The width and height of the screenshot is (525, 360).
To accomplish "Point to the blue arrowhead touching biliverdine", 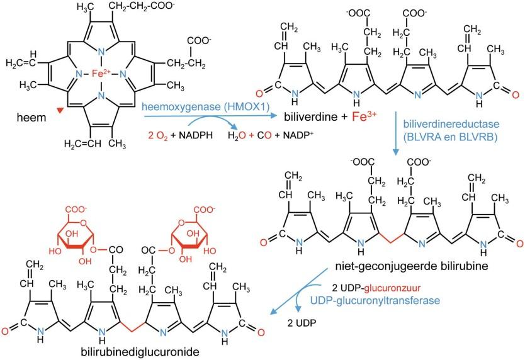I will pyautogui.click(x=272, y=116).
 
